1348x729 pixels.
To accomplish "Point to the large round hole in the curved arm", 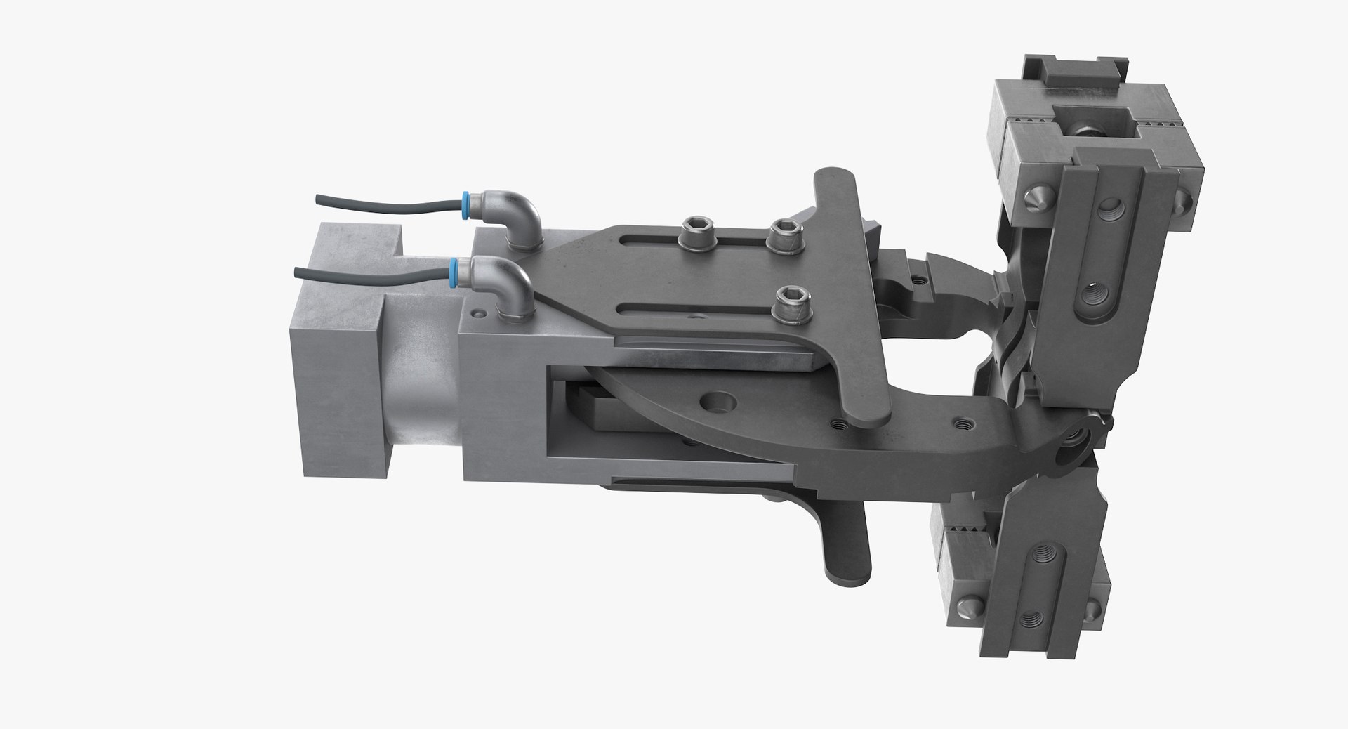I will point(718,404).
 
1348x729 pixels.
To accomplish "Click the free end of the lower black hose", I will point(297,272).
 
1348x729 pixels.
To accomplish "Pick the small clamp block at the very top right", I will point(1071,77).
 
